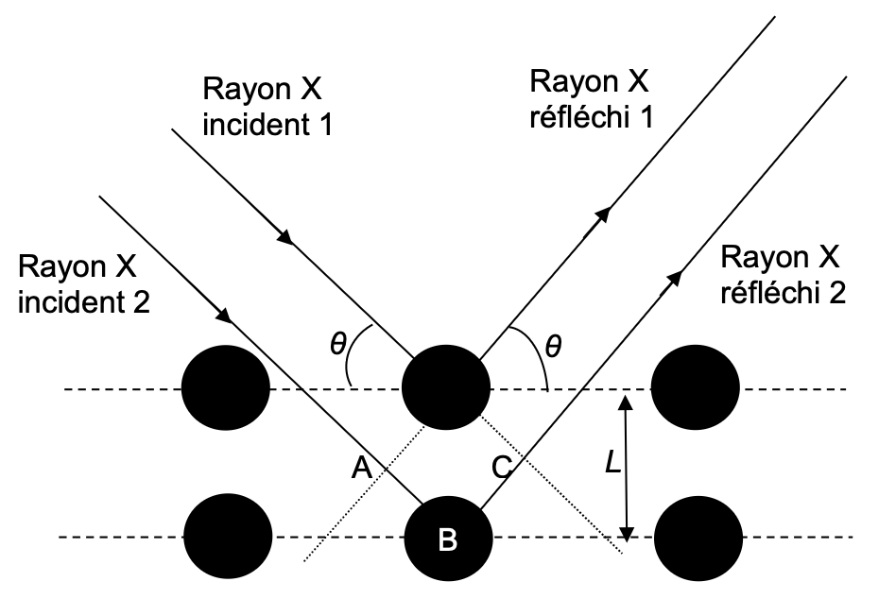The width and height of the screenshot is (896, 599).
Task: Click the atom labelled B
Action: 446,539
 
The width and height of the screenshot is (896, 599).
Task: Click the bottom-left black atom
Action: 226,539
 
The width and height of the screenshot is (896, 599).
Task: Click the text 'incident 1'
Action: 267,124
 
